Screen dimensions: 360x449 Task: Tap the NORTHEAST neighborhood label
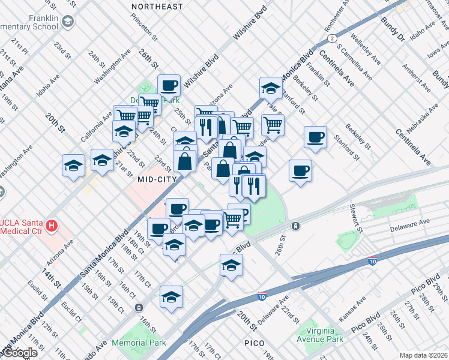point(157,7)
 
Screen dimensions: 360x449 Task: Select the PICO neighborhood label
point(258,343)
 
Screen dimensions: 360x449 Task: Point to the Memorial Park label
point(139,343)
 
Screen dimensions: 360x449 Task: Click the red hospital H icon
point(52,226)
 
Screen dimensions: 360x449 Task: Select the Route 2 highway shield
point(331,38)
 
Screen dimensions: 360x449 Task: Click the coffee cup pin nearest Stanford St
point(315,137)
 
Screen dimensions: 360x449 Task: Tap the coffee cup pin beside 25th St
point(169,85)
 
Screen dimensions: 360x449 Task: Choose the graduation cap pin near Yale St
point(271,88)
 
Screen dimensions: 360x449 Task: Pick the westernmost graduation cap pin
point(73,166)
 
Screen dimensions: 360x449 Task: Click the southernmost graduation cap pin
point(171,296)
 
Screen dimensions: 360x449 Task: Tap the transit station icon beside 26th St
point(295,226)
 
